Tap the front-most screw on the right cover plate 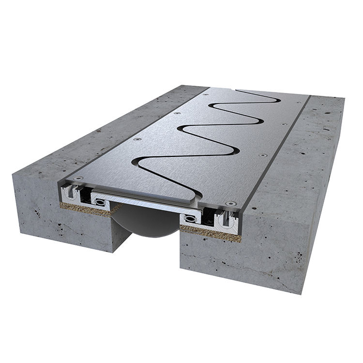coord(233,203)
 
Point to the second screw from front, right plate coord(262,155)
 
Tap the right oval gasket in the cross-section coord(191,218)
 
